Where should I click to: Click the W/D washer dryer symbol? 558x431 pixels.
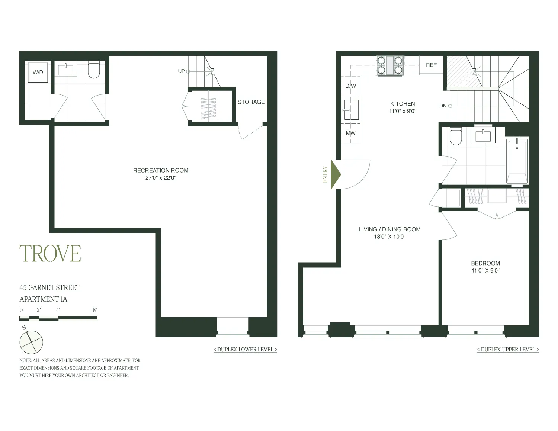point(38,73)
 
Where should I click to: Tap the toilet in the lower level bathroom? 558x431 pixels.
point(94,70)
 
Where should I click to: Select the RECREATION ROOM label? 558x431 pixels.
point(161,170)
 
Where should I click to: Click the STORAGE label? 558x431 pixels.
point(251,102)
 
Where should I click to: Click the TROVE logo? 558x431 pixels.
point(50,254)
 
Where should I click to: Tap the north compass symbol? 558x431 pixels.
point(31,342)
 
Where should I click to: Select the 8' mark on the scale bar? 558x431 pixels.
point(95,310)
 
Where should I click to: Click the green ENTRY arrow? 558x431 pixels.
point(336,174)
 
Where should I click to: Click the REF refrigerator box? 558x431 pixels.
point(431,65)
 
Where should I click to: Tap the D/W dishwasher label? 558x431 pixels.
point(350,86)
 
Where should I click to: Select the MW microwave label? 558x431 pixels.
point(350,133)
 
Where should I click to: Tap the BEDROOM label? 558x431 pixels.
point(485,263)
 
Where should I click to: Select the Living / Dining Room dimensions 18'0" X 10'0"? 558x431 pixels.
point(389,237)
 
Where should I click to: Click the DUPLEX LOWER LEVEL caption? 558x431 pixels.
point(245,350)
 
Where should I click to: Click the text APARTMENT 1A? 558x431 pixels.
point(43,299)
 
